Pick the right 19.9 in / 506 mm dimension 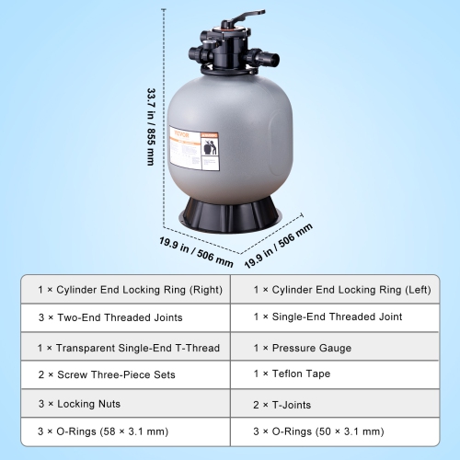(x=280, y=245)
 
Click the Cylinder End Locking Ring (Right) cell (x=130, y=290)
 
